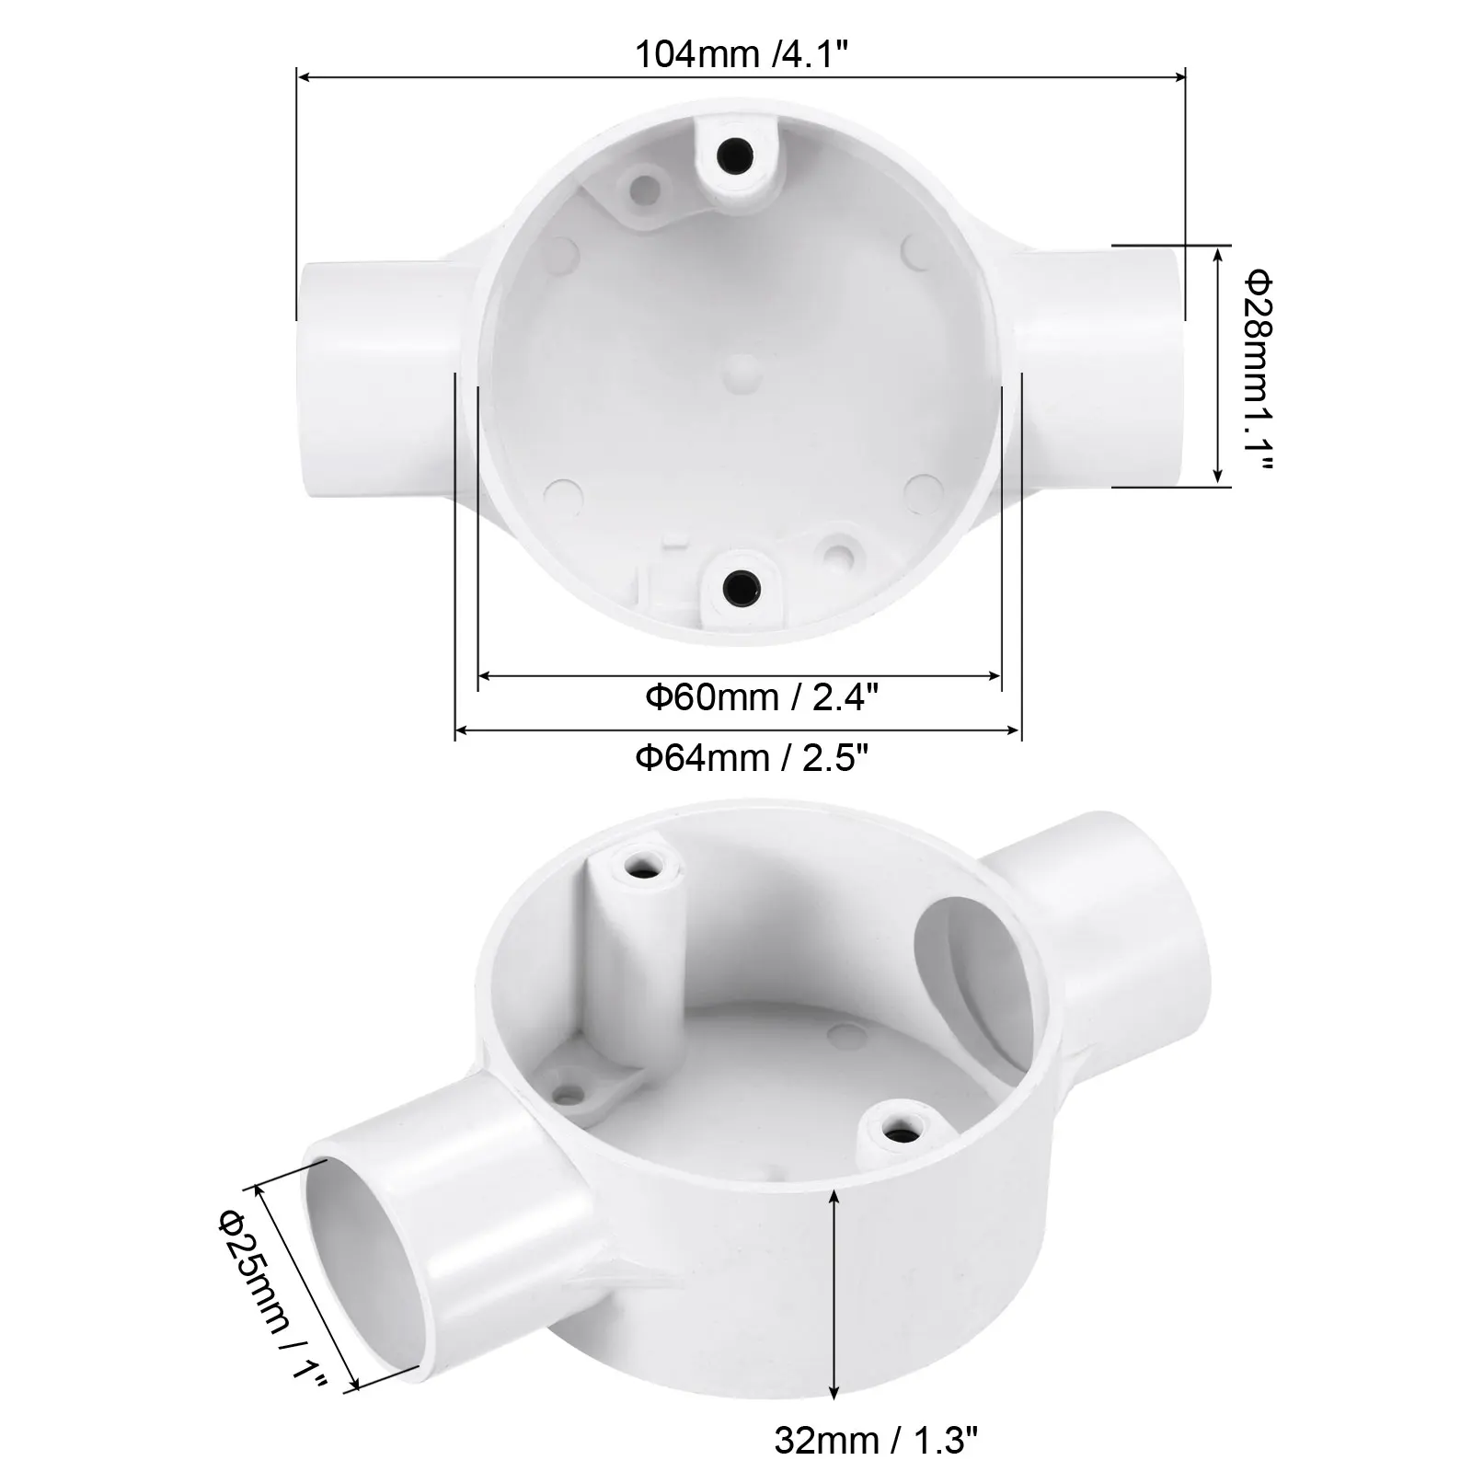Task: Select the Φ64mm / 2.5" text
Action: pos(753,758)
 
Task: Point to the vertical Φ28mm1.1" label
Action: pos(1257,368)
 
